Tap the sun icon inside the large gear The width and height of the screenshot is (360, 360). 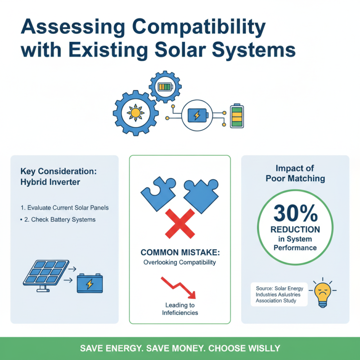pos(135,112)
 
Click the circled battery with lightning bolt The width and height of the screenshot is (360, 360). pos(197,116)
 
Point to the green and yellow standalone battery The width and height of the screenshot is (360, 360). pos(237,116)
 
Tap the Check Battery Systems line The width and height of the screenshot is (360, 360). pos(60,220)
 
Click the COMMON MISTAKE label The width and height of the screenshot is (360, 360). pos(180,252)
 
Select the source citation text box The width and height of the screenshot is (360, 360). pos(279,294)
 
